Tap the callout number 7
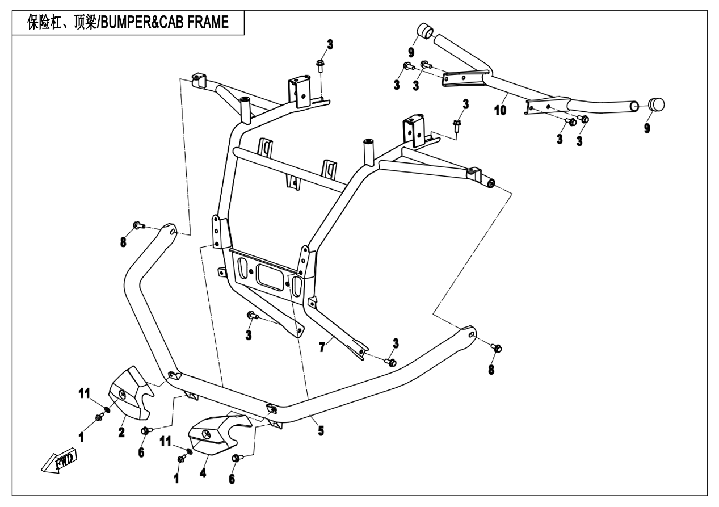coord(322,347)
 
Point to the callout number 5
coord(321,431)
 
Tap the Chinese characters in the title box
coord(62,23)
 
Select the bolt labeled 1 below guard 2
coord(100,418)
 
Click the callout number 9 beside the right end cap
coord(647,128)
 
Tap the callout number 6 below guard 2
coord(141,452)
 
